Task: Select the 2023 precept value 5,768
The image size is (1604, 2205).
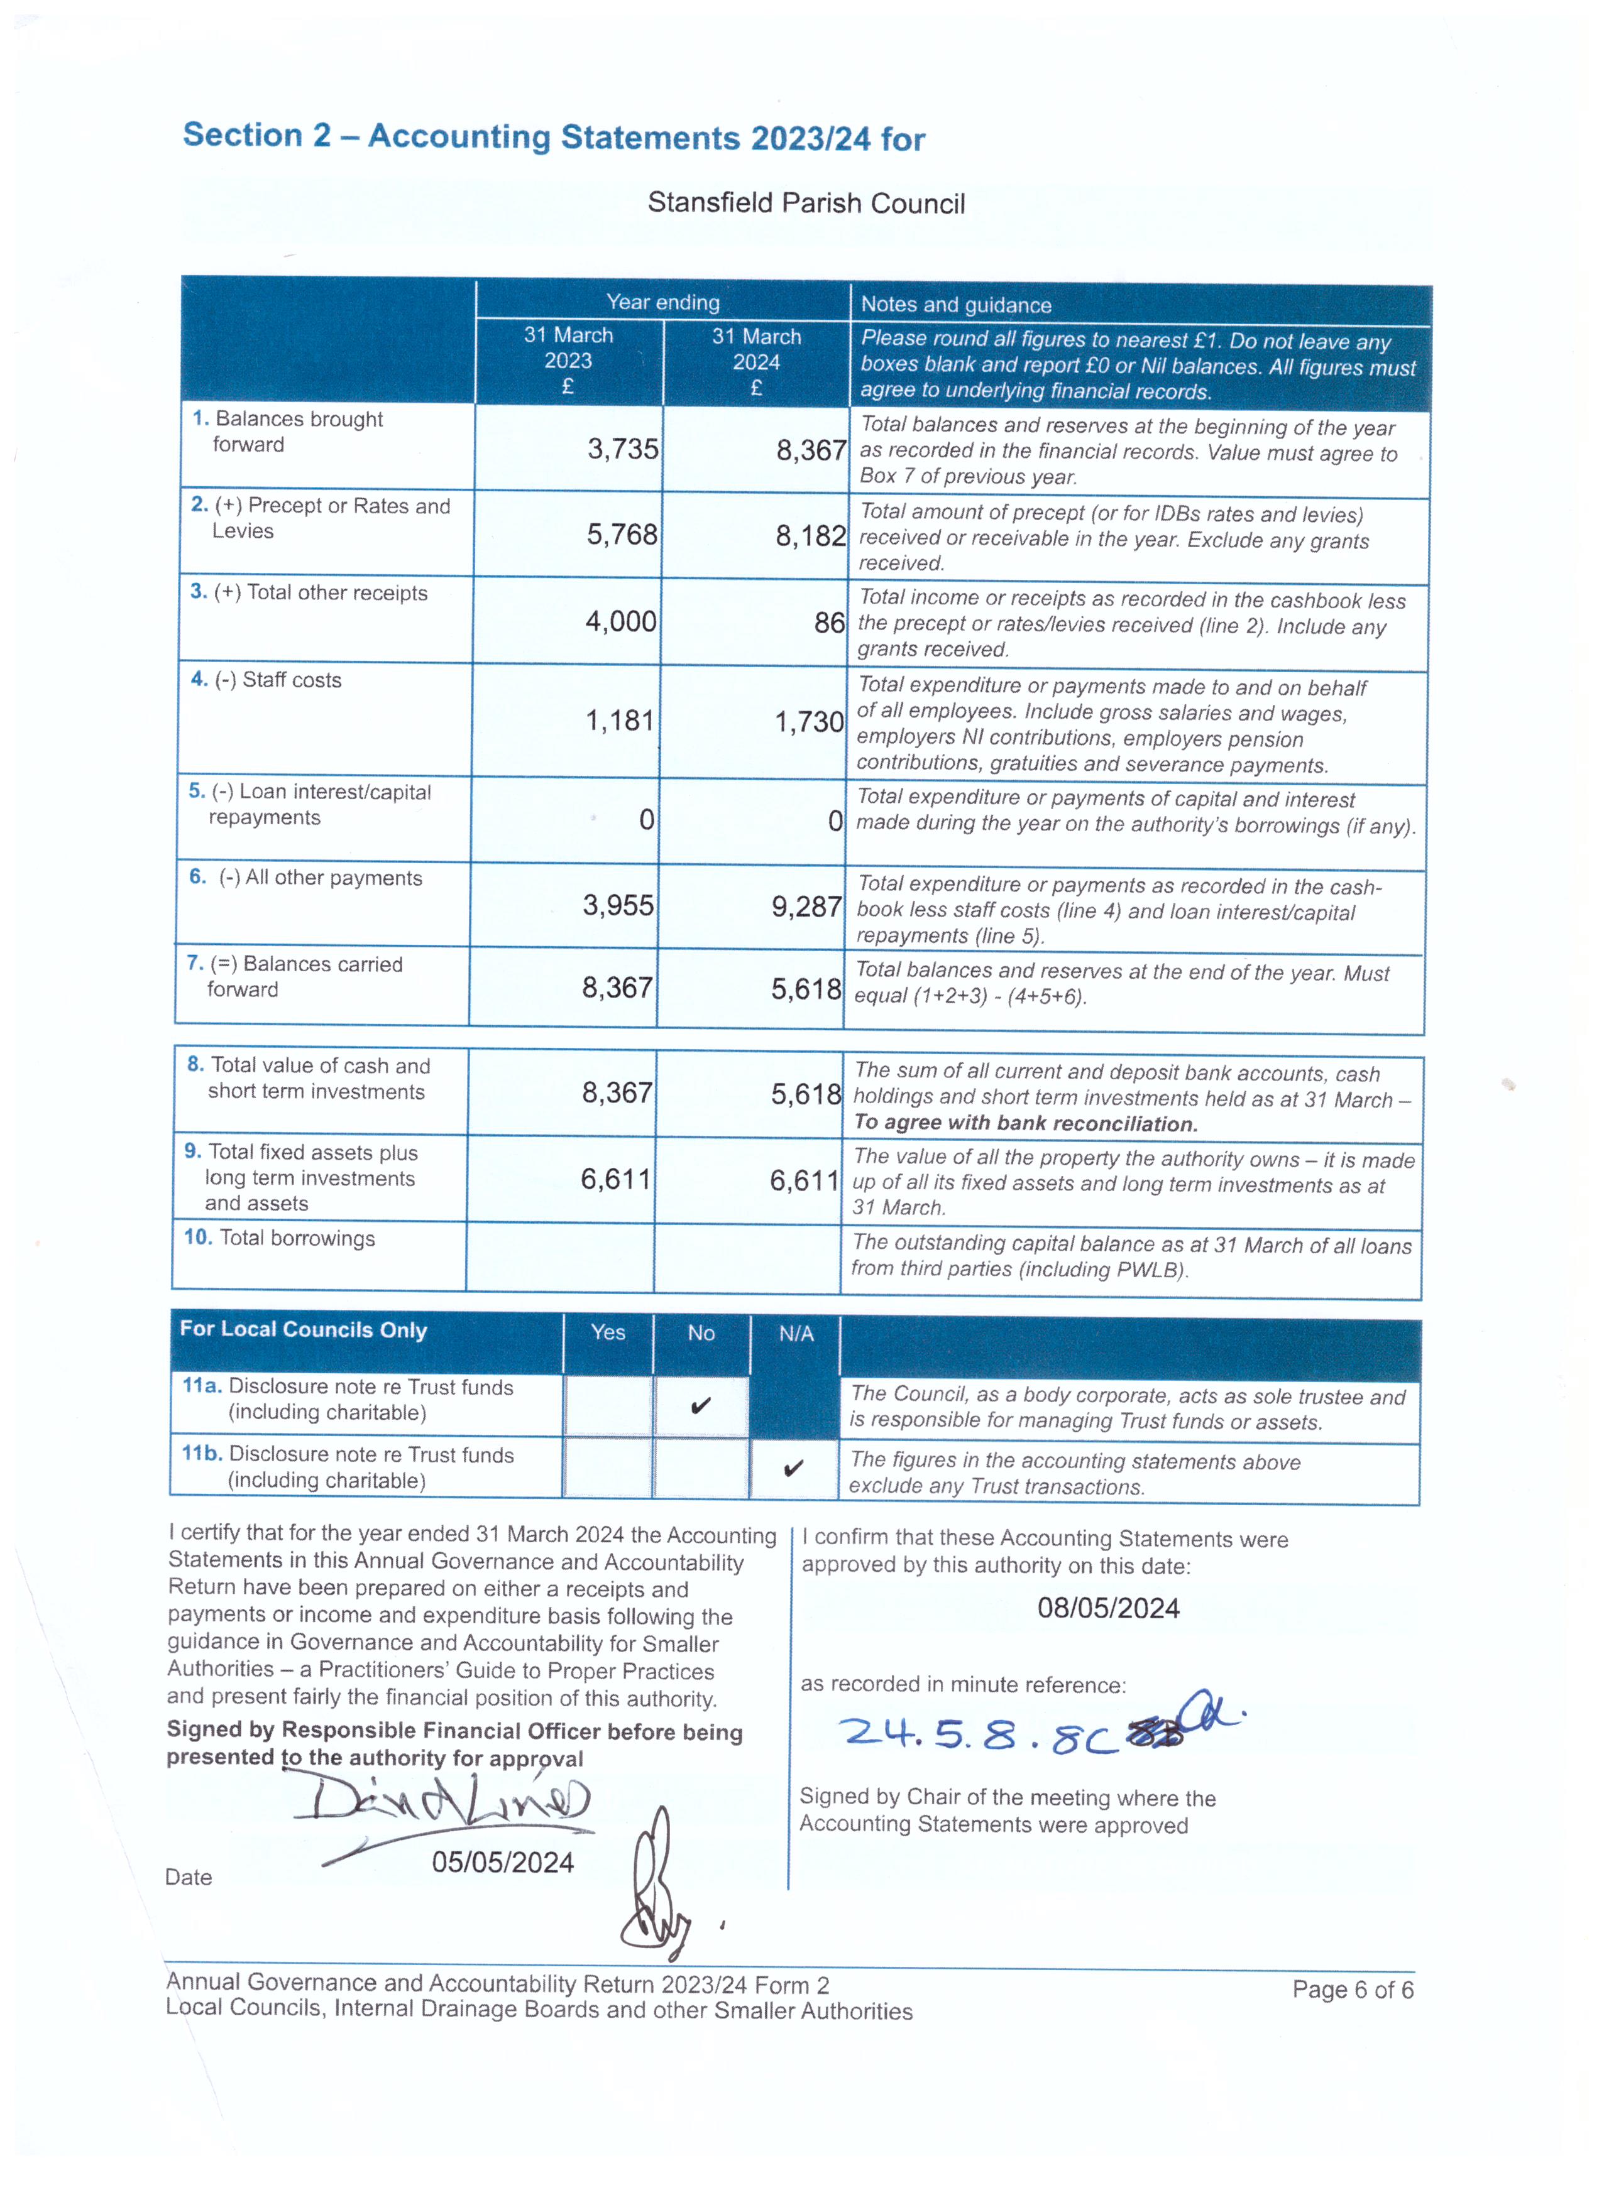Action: coord(622,535)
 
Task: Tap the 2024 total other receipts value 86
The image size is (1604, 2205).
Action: coord(829,622)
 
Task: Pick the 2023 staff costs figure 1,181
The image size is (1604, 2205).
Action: coord(620,721)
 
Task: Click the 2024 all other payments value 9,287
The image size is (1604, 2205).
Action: coord(806,906)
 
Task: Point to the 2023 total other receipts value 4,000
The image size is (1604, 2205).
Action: coord(620,621)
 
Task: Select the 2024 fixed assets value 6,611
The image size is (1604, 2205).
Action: coord(805,1180)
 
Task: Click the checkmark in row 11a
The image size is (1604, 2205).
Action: coord(700,1406)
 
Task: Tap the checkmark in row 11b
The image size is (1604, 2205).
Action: coord(794,1468)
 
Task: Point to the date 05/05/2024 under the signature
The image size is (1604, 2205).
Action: coord(503,1862)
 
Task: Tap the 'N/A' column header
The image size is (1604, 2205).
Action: coord(796,1334)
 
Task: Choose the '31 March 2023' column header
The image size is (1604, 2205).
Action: coord(568,360)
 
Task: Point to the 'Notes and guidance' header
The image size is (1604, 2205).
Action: coord(955,305)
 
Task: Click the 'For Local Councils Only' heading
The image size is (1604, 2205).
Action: coord(304,1329)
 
